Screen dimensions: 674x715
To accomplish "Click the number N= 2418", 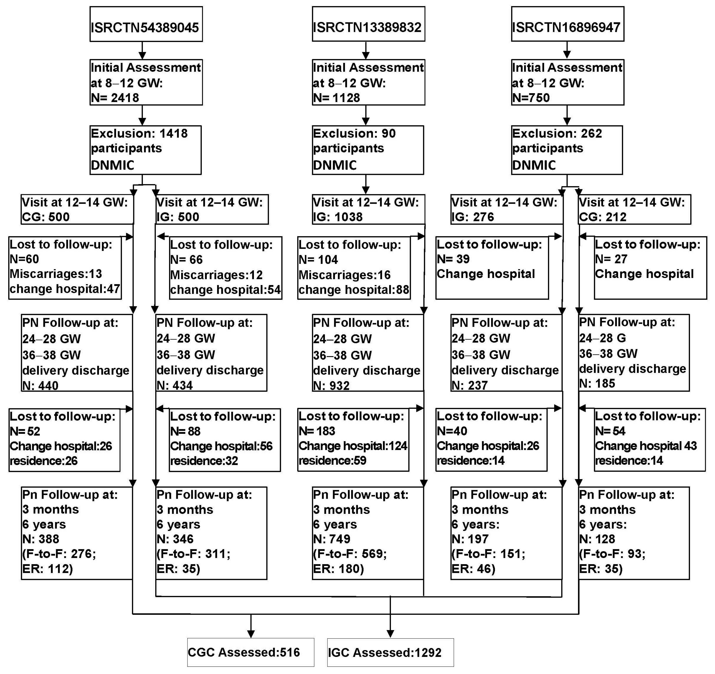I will pyautogui.click(x=115, y=98).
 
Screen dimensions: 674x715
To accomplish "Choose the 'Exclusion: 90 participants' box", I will pyautogui.click(x=367, y=150).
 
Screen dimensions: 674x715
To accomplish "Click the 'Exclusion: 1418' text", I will pyautogui.click(x=139, y=134).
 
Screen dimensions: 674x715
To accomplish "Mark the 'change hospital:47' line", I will pyautogui.click(x=65, y=289).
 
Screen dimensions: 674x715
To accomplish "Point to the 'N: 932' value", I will pyautogui.click(x=331, y=385).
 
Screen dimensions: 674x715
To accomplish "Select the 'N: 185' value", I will pyautogui.click(x=597, y=383).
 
